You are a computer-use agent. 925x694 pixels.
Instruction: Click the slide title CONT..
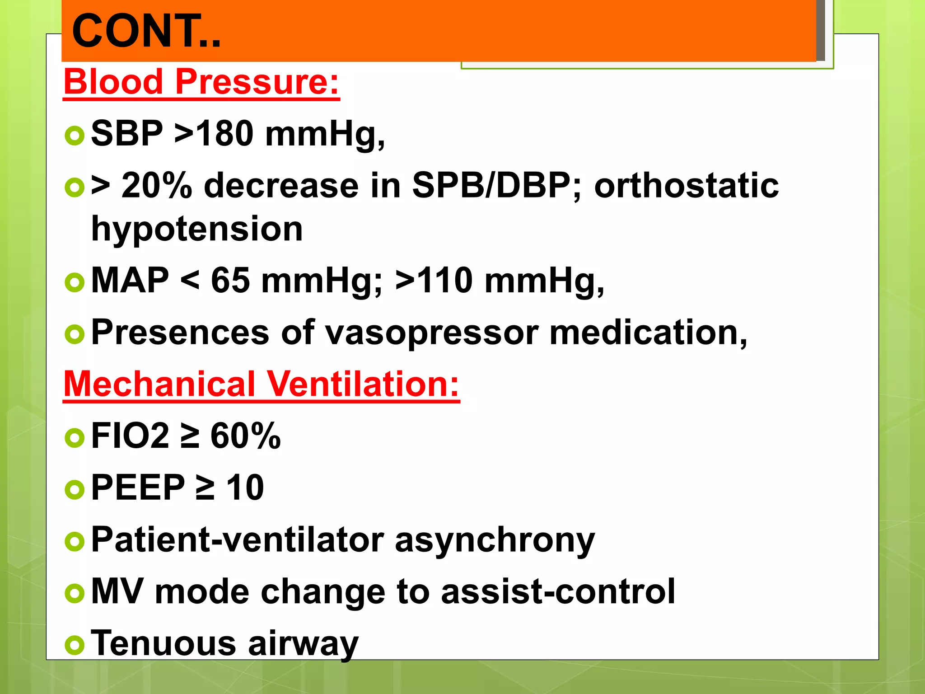coord(146,31)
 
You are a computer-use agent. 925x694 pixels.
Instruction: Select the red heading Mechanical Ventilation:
coord(261,384)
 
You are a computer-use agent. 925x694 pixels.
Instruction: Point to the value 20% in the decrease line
coord(156,186)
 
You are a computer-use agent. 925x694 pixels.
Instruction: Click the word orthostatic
coord(686,186)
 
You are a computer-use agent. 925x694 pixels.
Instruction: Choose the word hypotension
coord(197,229)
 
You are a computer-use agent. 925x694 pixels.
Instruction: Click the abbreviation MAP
coord(130,281)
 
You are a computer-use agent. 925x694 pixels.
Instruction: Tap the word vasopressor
coord(432,333)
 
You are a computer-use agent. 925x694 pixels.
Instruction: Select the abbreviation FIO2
coord(130,436)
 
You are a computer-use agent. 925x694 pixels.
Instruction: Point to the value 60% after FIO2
coord(245,436)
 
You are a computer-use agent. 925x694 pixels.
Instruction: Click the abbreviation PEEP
coord(138,488)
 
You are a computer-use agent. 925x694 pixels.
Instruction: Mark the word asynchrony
coord(495,540)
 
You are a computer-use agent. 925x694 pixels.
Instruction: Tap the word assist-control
coord(558,592)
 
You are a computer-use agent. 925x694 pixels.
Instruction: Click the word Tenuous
coord(163,643)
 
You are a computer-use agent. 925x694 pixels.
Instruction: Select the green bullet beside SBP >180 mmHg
coord(75,135)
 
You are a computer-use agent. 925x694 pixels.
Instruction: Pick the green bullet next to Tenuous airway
coord(75,645)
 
